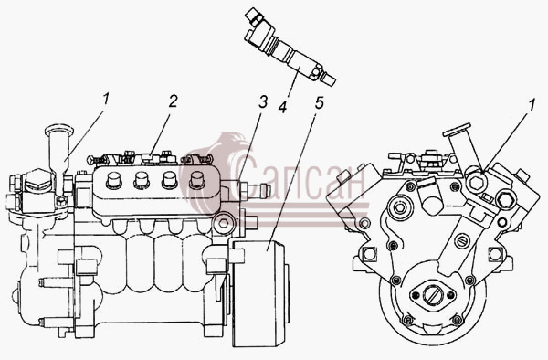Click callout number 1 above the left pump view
(106, 99)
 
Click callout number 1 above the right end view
(532, 105)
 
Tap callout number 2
(173, 101)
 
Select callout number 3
(263, 101)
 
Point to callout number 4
(283, 107)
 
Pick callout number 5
(319, 102)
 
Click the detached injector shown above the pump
(290, 48)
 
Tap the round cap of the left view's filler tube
(59, 130)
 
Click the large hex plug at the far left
(37, 179)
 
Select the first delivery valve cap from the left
(113, 179)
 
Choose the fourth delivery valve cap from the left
(196, 179)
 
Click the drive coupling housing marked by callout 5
(259, 293)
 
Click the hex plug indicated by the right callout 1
(476, 182)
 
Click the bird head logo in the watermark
(215, 168)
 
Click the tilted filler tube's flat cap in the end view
(457, 130)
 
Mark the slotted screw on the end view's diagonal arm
(462, 241)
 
